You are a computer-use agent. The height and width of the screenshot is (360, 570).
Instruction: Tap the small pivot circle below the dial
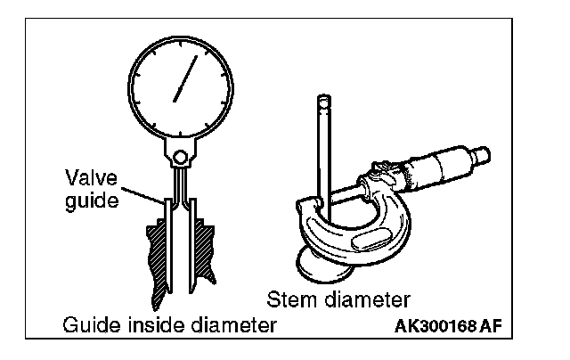pyautogui.click(x=181, y=158)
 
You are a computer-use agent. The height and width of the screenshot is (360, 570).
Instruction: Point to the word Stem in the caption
pyautogui.click(x=288, y=297)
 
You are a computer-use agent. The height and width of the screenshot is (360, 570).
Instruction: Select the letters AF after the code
pyautogui.click(x=489, y=327)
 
